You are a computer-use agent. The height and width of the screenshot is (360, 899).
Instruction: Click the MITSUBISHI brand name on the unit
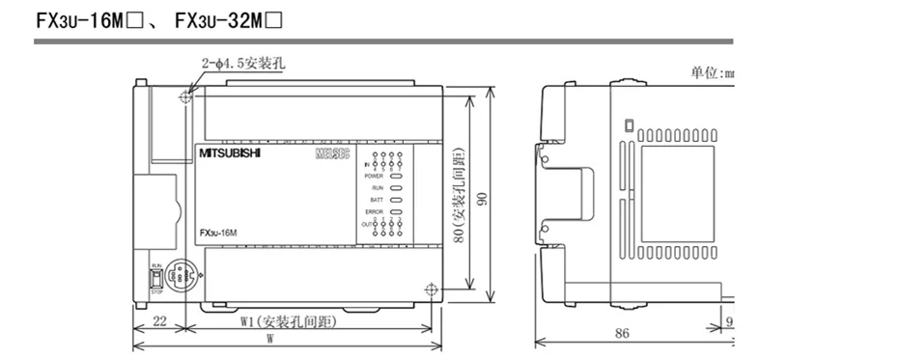click(x=228, y=153)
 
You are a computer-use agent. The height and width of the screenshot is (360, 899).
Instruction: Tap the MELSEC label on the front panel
click(x=332, y=154)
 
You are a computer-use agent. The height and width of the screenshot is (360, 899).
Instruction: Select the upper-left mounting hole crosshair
click(x=185, y=97)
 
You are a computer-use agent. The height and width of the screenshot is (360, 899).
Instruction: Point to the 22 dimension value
click(x=158, y=324)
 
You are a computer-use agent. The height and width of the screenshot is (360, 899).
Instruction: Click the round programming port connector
click(x=180, y=275)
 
